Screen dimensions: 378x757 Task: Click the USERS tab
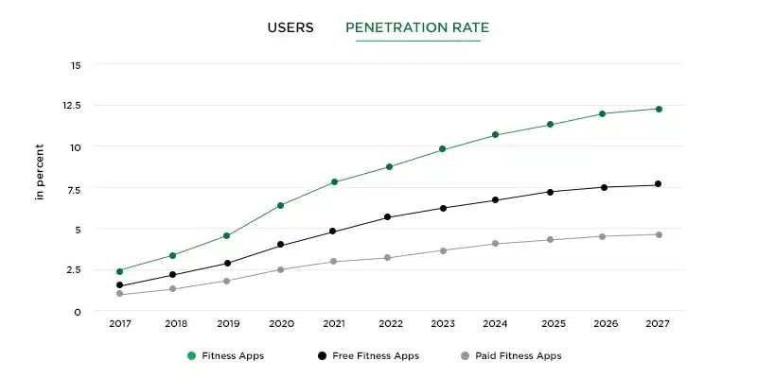tap(290, 27)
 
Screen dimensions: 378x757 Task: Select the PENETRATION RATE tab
tap(417, 27)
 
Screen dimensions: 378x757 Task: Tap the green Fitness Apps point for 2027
tap(659, 109)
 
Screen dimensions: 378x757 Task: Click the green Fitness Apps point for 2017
tap(119, 271)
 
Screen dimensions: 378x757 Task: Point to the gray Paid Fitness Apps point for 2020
tap(281, 269)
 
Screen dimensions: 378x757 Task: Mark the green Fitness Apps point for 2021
tap(334, 181)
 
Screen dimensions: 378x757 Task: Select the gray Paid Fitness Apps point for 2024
tap(495, 244)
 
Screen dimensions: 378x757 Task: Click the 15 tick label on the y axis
tap(75, 65)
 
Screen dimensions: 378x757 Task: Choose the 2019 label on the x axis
tap(227, 323)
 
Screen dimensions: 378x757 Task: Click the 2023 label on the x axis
tap(442, 323)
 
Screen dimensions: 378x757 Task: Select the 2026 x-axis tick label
tap(605, 323)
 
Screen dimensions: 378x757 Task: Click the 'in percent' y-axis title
tap(40, 171)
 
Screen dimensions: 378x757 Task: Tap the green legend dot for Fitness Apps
tap(191, 356)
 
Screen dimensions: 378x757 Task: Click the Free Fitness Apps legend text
tap(375, 356)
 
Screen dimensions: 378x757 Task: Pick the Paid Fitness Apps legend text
tap(518, 356)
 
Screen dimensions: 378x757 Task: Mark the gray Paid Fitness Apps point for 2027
tap(659, 234)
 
